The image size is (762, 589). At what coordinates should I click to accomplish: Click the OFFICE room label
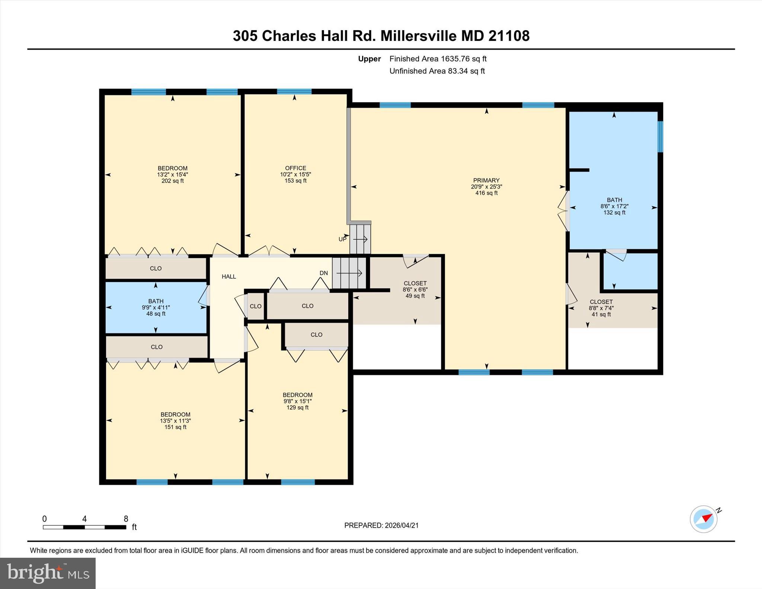coord(295,168)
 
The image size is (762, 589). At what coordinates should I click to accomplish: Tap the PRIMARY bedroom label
coord(486,180)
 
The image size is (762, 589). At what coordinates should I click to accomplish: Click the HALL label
coord(229,276)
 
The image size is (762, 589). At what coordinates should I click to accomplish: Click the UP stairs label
coord(342,239)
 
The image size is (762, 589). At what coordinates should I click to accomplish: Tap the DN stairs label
coord(324,273)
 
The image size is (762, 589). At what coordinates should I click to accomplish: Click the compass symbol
coord(704,519)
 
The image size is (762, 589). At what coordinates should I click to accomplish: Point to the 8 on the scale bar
coord(126,519)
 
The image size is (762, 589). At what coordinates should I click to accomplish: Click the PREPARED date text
coord(381,525)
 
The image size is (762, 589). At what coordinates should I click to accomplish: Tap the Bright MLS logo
coord(48,573)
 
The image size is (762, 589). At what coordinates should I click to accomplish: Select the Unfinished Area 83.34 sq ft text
coord(437,71)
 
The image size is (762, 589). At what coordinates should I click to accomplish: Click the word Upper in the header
coord(369,59)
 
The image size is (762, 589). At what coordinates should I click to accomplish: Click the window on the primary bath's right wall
coord(660,137)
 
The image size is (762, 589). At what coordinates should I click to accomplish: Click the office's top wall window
coord(294,92)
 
